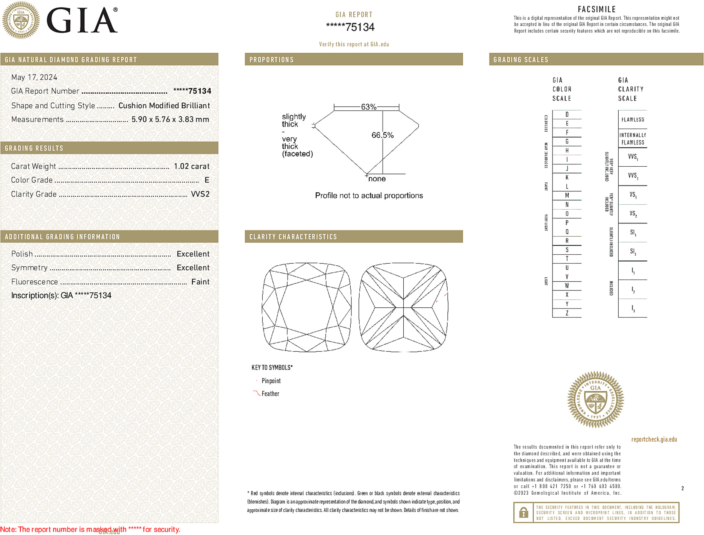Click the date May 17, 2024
click(x=34, y=77)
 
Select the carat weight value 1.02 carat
click(x=191, y=166)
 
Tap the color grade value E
click(x=207, y=180)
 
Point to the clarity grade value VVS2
click(x=200, y=194)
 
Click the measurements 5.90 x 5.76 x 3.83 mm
click(x=170, y=120)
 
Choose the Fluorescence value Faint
click(x=200, y=282)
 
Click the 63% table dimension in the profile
click(x=368, y=107)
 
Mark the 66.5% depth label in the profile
click(x=382, y=135)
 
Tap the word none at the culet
click(x=377, y=179)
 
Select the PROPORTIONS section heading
click(x=271, y=60)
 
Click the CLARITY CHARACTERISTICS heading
click(x=293, y=237)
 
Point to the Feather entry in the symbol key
click(x=270, y=394)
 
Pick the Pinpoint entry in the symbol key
click(x=271, y=381)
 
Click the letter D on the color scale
click(x=567, y=114)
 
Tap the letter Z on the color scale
click(x=567, y=313)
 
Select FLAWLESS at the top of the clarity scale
click(x=633, y=120)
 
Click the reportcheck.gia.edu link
click(x=654, y=439)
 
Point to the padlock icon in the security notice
click(x=523, y=512)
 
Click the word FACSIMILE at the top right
click(x=597, y=9)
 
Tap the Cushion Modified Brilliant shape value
click(x=164, y=106)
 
